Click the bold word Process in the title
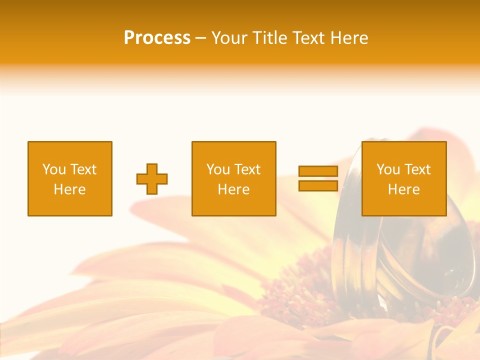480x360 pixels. (x=157, y=38)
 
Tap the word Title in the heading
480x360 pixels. (x=270, y=38)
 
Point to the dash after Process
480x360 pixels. (x=200, y=38)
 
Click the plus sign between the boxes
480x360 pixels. (x=152, y=179)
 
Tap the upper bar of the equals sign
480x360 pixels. (x=318, y=171)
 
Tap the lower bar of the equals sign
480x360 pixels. (x=318, y=186)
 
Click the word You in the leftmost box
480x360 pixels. (x=53, y=169)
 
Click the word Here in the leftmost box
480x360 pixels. (x=70, y=189)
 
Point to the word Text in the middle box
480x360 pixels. (x=247, y=169)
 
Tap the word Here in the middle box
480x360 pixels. (x=234, y=189)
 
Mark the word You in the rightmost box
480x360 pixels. (x=387, y=169)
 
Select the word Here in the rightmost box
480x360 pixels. (x=404, y=189)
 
